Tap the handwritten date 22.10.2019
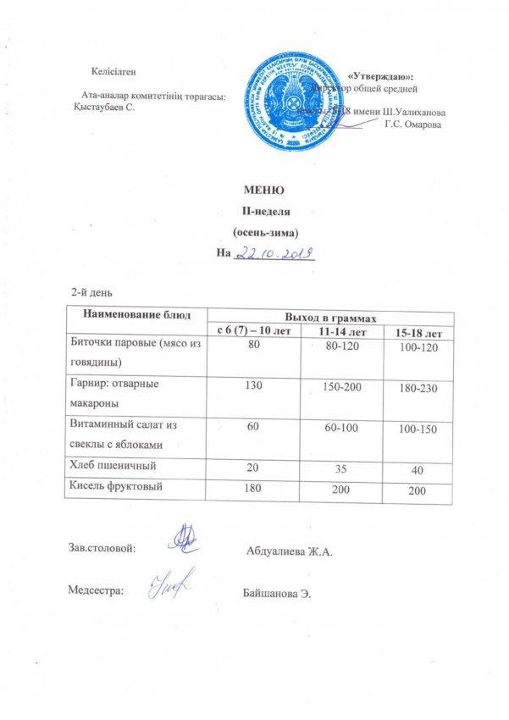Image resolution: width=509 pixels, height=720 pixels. [x=274, y=252]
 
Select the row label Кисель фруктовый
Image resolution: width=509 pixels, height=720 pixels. [x=113, y=486]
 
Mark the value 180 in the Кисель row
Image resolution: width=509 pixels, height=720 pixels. [x=254, y=487]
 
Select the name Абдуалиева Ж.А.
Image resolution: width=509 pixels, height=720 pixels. [x=289, y=552]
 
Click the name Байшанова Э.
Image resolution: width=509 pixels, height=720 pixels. [x=277, y=591]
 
